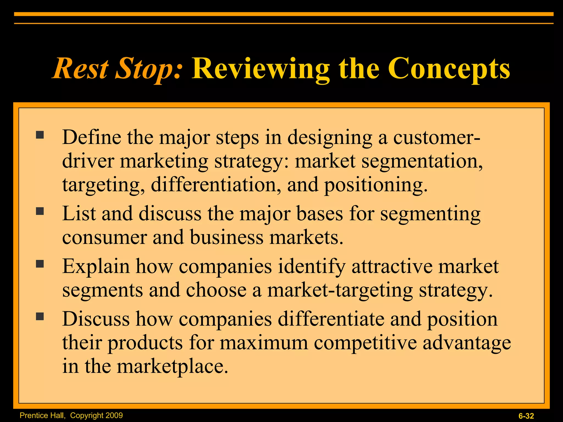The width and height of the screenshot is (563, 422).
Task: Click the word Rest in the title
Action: click(x=81, y=69)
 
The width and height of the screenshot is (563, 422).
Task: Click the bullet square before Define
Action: click(x=40, y=135)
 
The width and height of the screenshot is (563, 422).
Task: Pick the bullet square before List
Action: click(x=40, y=211)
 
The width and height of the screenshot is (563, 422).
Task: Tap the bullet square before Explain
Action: click(x=40, y=264)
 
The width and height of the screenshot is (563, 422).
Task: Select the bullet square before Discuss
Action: click(x=40, y=316)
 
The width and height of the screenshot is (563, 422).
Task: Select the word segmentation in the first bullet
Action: click(x=422, y=161)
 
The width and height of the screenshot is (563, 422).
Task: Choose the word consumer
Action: click(x=104, y=237)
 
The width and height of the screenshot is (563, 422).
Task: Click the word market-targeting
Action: click(x=340, y=290)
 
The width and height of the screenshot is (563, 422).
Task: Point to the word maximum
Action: click(x=264, y=343)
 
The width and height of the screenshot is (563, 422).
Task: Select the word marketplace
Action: click(x=172, y=367)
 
